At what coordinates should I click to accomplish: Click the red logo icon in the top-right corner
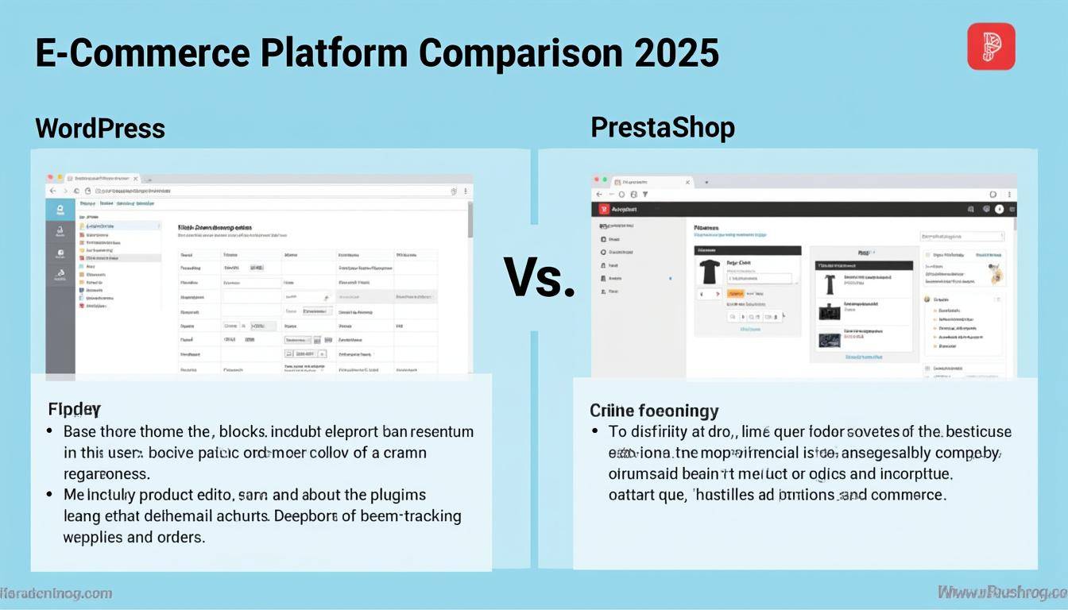991,46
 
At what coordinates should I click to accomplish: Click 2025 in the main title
676,53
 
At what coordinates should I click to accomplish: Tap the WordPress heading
100,128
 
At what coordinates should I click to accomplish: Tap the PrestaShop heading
663,127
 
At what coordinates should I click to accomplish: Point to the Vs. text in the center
540,279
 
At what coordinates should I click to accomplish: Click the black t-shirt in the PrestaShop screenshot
709,272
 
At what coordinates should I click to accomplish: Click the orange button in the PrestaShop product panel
735,294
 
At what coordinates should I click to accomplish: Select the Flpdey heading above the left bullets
74,410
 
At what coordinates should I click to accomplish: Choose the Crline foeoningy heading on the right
654,411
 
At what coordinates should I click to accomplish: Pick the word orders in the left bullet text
180,537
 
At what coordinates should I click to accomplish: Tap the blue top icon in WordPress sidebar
60,210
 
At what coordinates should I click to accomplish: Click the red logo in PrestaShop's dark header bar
604,210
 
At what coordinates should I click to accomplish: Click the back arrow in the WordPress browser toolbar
53,191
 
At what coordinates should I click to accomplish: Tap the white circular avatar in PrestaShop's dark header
1000,210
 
